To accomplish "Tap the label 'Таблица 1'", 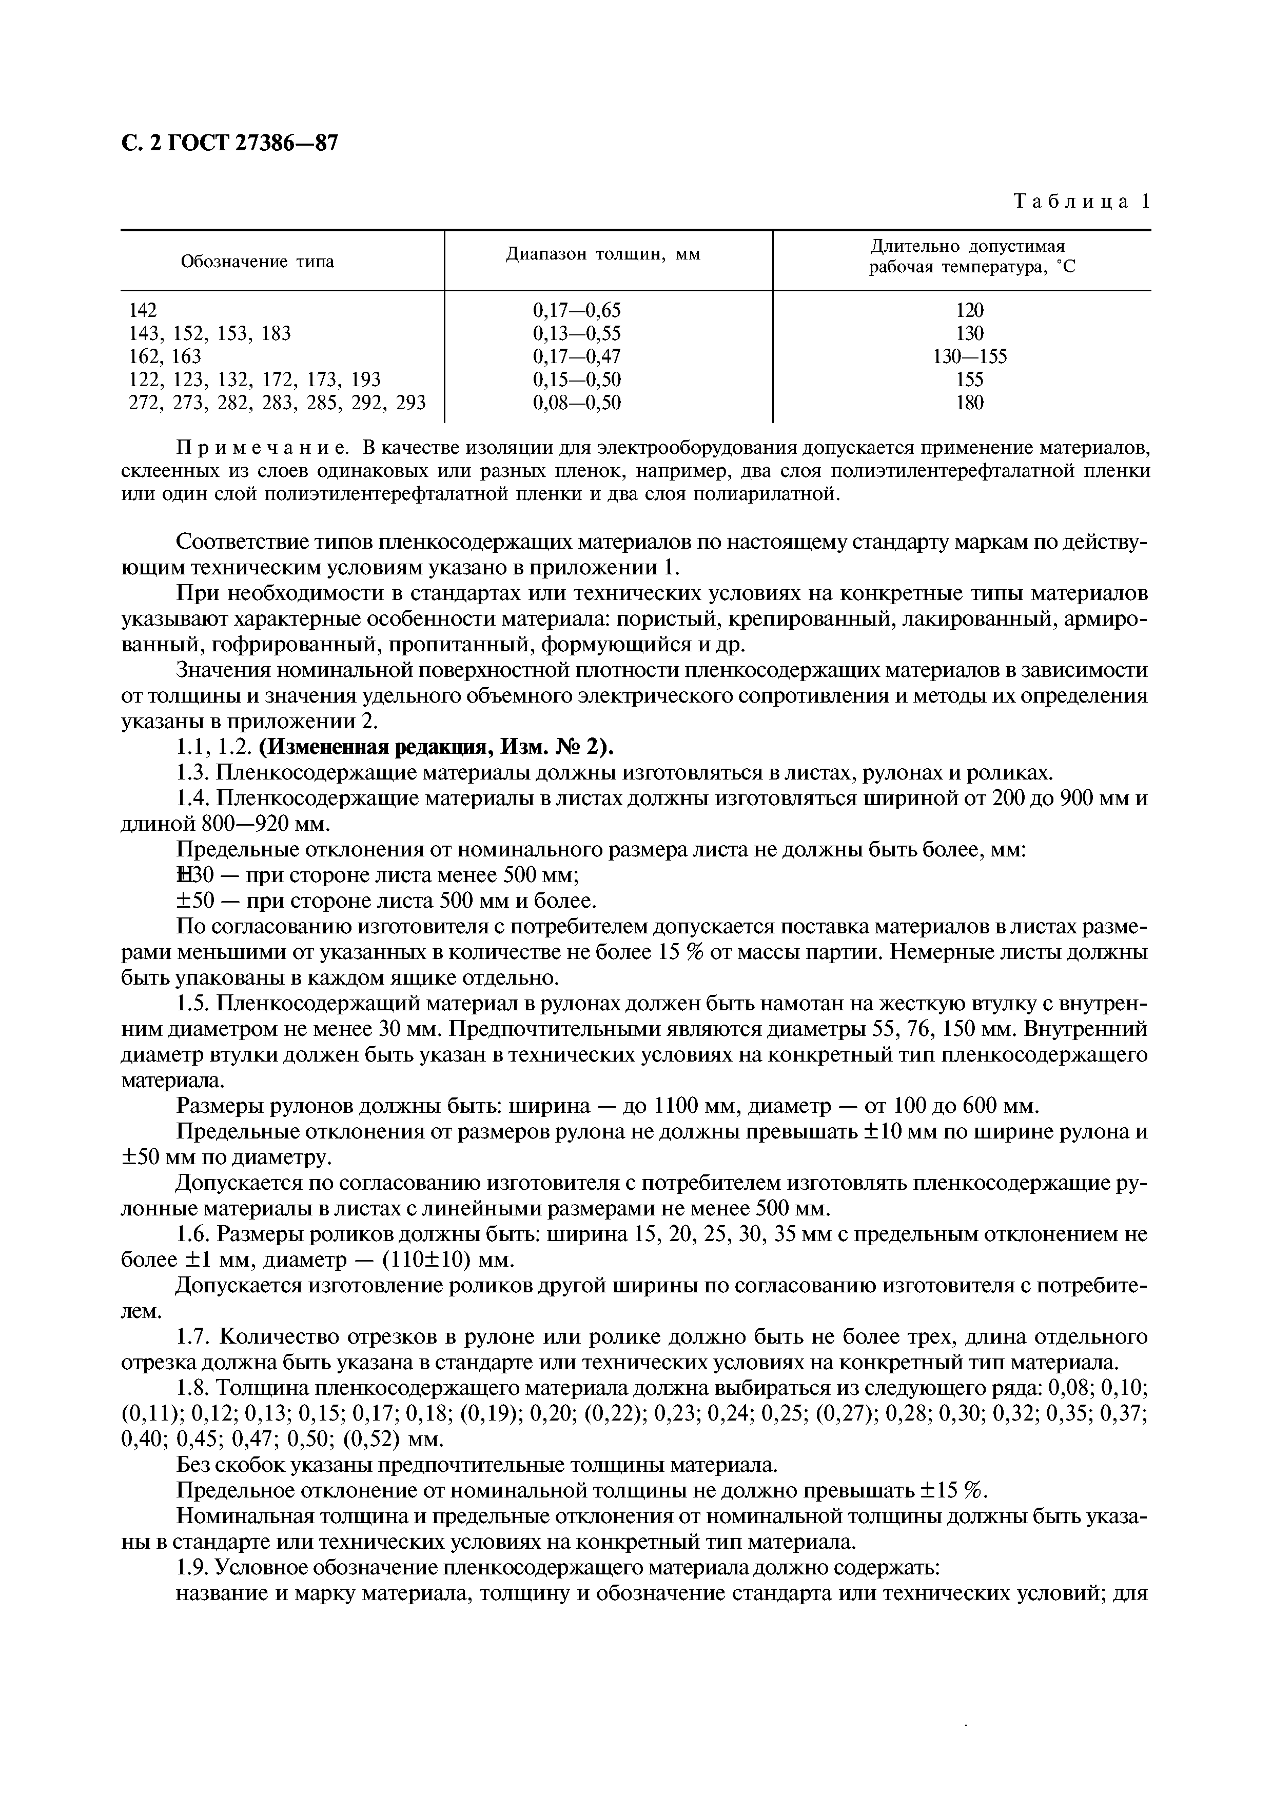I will click(x=1082, y=202).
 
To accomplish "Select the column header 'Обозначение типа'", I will click(x=257, y=262).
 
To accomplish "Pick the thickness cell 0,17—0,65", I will click(x=577, y=310).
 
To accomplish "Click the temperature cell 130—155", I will click(x=969, y=356).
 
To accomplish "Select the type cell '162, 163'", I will click(x=165, y=356).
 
